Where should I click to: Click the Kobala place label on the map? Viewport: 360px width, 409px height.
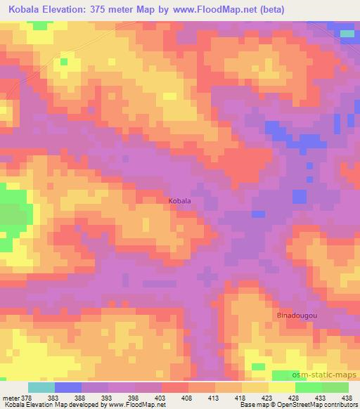click(x=179, y=200)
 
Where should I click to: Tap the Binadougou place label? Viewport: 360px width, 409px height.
click(x=297, y=316)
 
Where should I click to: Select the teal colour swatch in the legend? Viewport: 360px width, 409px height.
click(x=41, y=387)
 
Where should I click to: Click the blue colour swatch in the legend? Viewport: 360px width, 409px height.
click(x=68, y=387)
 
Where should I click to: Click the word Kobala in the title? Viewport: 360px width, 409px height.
click(x=24, y=9)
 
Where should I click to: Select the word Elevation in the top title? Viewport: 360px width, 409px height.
click(x=75, y=9)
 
